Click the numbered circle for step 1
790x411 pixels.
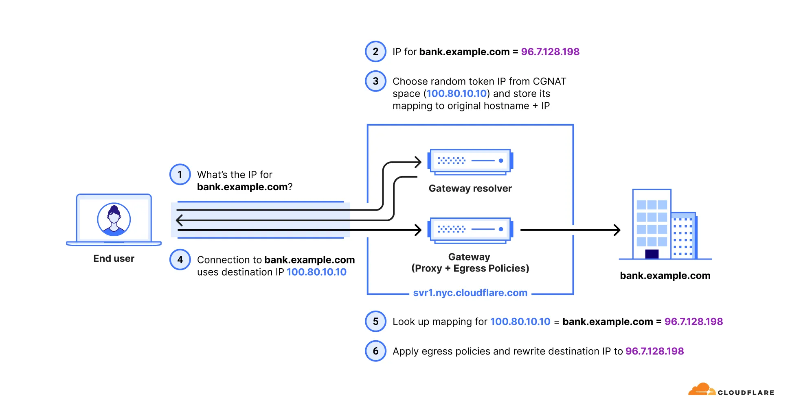point(180,174)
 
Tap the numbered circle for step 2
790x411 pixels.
point(375,52)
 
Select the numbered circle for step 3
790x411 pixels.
point(375,81)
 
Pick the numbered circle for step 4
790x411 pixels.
point(180,260)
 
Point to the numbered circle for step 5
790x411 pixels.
point(375,322)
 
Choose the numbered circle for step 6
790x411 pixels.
point(375,351)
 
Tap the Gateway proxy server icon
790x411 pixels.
point(470,230)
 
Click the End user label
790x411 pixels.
point(114,259)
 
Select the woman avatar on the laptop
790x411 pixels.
point(114,220)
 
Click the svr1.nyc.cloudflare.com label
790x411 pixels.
point(470,293)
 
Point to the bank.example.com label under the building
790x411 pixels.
point(665,276)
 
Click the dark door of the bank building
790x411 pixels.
point(652,254)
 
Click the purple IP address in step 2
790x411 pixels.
point(550,52)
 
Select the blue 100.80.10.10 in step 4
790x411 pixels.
point(316,272)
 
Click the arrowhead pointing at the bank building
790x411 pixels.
point(617,230)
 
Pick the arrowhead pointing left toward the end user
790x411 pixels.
point(179,220)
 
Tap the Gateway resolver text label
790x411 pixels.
point(470,188)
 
